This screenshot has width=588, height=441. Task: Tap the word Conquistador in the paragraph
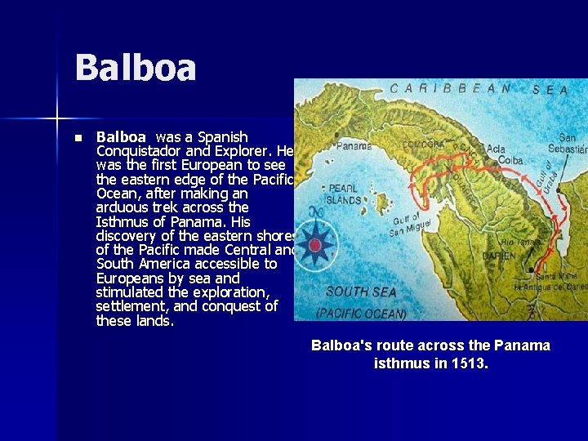(x=136, y=152)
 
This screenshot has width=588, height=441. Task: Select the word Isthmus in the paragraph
(x=122, y=222)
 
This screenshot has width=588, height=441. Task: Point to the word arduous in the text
(x=122, y=207)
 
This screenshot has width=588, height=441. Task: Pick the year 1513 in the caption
(x=469, y=363)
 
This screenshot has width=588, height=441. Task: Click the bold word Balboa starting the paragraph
(x=121, y=137)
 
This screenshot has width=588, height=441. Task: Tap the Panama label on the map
(x=354, y=147)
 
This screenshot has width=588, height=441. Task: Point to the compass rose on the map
(x=314, y=244)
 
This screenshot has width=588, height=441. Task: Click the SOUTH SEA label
(x=361, y=292)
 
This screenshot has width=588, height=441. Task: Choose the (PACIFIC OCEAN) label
(x=361, y=313)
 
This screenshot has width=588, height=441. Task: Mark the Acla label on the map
(x=495, y=149)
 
